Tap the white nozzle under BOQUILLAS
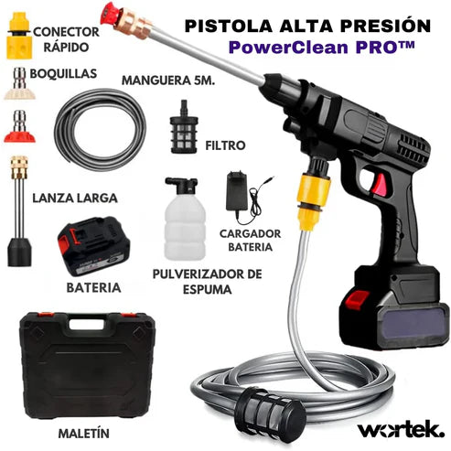click(x=19, y=86)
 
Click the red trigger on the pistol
click(x=379, y=183)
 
